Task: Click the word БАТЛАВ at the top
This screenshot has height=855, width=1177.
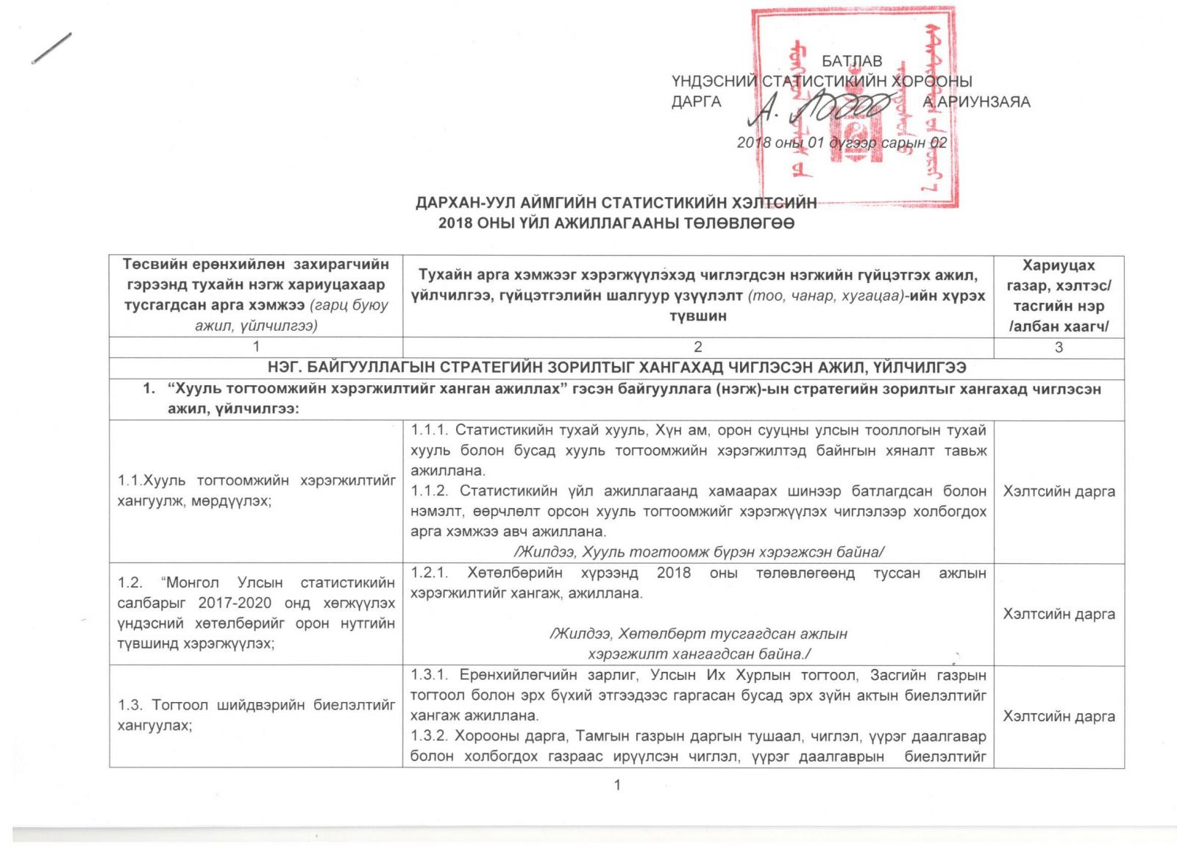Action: pyautogui.click(x=851, y=61)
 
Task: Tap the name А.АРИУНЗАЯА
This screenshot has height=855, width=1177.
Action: pyautogui.click(x=977, y=101)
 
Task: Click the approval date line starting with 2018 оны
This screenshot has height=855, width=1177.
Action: pyautogui.click(x=842, y=143)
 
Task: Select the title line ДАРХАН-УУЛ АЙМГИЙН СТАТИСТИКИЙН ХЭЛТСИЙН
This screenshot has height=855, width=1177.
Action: pyautogui.click(x=616, y=202)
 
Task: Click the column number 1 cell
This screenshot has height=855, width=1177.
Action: pyautogui.click(x=256, y=347)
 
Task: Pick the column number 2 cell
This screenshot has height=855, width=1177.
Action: pyautogui.click(x=697, y=347)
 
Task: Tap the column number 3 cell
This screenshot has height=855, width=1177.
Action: pyautogui.click(x=1059, y=347)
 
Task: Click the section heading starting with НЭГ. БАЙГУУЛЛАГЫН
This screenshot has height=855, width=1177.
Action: pyautogui.click(x=616, y=368)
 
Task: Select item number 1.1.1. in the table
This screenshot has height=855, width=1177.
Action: pyautogui.click(x=430, y=430)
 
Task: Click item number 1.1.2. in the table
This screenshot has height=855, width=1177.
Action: pyautogui.click(x=430, y=491)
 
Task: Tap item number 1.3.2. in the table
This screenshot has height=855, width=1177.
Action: pyautogui.click(x=430, y=736)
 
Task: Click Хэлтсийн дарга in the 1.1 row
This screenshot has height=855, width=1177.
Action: pyautogui.click(x=1059, y=491)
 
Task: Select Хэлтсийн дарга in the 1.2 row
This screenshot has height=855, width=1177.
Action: pyautogui.click(x=1059, y=614)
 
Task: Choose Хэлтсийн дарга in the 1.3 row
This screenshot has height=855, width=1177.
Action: pyautogui.click(x=1059, y=716)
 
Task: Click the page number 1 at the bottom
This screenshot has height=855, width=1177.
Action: pyautogui.click(x=616, y=785)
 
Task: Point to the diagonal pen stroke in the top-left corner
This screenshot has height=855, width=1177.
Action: pyautogui.click(x=51, y=49)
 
